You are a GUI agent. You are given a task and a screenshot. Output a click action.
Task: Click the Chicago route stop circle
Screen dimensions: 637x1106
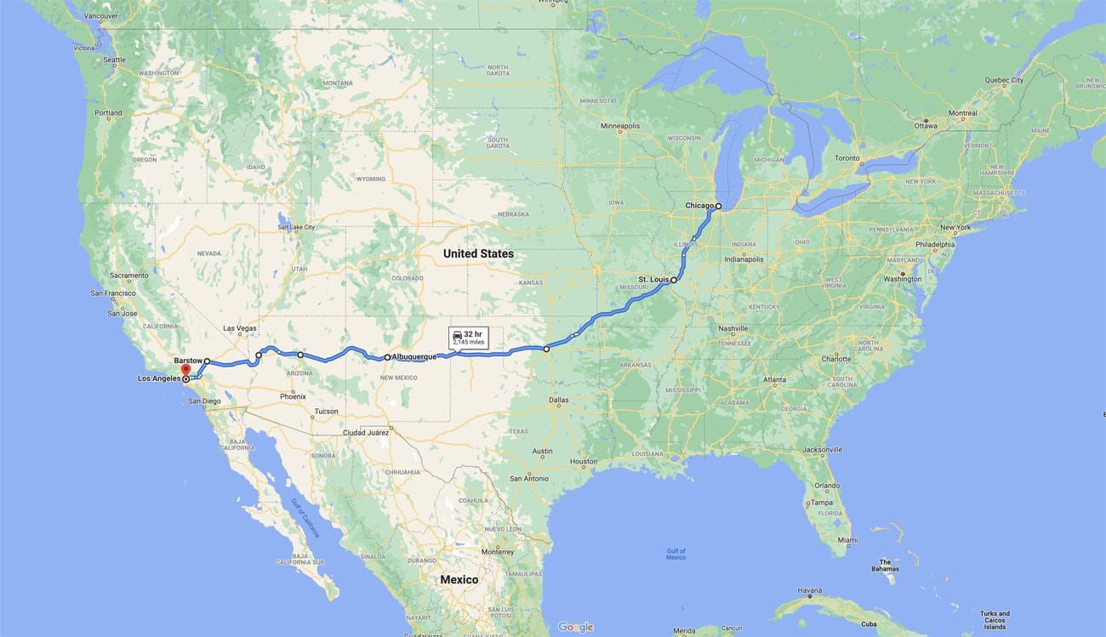point(718,206)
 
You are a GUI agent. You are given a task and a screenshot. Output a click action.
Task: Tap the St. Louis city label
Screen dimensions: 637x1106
point(653,279)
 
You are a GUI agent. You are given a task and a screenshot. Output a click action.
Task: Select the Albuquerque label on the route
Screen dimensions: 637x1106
point(414,357)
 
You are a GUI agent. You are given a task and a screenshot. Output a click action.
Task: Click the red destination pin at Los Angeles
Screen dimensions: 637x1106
point(185,371)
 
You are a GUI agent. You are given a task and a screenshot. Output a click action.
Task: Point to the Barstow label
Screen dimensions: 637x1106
point(186,360)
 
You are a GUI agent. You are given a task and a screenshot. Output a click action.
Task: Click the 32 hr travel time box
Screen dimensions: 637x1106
point(467,338)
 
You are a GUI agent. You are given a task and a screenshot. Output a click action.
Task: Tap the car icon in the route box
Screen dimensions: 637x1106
point(458,334)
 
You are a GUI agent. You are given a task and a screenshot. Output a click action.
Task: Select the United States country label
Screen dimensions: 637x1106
point(478,253)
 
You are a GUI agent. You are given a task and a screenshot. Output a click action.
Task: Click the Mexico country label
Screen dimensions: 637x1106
point(459,579)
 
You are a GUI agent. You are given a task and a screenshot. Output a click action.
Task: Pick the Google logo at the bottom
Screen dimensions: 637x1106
point(575,628)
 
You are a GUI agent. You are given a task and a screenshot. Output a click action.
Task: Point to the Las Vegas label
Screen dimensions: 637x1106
point(240,328)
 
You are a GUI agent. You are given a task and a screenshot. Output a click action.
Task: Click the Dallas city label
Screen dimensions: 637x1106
point(559,399)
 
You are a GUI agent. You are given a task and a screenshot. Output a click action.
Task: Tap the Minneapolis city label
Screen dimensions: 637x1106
point(619,126)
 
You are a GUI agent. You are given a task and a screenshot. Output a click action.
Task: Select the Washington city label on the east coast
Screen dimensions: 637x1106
point(903,279)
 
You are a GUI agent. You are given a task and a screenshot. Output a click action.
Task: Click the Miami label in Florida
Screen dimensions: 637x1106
point(847,540)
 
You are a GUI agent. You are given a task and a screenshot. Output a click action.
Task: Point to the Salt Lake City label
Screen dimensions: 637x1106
point(296,227)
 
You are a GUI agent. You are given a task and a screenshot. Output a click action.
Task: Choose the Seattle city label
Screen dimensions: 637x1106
point(114,60)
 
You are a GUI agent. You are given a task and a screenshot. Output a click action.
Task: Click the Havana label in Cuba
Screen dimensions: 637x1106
point(810,590)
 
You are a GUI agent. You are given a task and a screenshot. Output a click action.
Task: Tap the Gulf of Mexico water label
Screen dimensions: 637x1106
point(676,554)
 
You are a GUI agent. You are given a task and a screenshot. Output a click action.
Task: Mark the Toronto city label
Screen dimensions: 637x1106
point(847,158)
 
